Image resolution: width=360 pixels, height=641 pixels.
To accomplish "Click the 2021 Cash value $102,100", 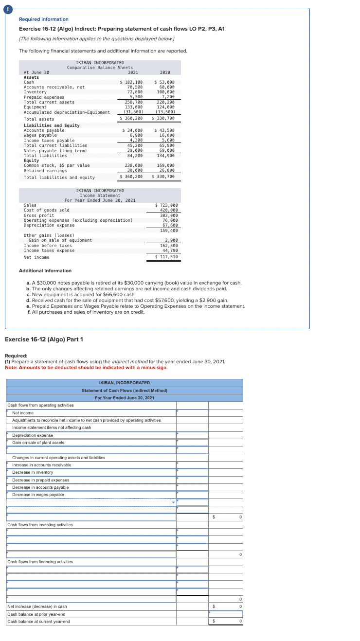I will coord(131,82).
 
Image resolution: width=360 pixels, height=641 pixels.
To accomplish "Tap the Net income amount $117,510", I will coord(166,257).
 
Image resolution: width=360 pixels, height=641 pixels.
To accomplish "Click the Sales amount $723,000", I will coord(166,205).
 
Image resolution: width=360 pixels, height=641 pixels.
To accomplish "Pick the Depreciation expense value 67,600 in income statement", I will coord(169,225).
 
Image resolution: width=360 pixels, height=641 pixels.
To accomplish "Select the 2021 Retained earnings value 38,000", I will coord(134,171).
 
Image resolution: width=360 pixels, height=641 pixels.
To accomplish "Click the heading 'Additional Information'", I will coord(45,271).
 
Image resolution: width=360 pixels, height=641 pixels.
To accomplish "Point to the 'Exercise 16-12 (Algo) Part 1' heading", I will coord(44,339).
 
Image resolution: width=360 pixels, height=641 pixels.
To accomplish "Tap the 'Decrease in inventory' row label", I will coord(33,472).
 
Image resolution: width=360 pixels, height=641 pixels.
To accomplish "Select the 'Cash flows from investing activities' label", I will coord(40,525).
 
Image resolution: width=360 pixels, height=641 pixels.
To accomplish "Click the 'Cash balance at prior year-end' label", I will coord(36,614).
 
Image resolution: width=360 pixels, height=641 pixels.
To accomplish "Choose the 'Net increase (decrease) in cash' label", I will coord(37,606).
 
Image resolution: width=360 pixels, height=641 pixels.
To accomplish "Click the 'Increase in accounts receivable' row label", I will coord(41,465).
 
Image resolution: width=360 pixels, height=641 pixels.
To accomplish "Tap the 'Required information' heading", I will coord(43,19).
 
